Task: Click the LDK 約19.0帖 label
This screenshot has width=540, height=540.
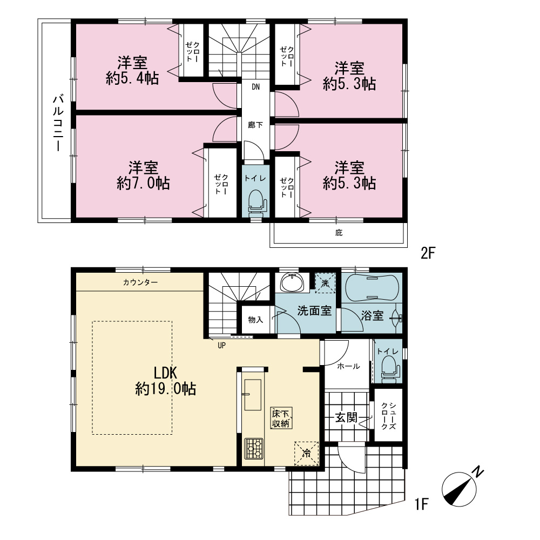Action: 166,381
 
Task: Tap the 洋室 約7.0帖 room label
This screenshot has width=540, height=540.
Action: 143,175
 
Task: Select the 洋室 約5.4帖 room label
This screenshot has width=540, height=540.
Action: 132,71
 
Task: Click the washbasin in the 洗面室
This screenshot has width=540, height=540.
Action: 292,282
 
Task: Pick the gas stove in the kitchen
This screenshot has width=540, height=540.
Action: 253,448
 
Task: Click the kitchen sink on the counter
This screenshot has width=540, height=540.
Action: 252,395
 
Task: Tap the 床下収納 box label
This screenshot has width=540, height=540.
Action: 281,418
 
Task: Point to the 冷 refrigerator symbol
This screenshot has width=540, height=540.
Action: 306,453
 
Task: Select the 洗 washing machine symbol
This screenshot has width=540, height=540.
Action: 325,283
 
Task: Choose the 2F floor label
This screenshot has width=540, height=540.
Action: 428,253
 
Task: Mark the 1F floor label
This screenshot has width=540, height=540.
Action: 421,504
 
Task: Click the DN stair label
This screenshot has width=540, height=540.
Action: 255,87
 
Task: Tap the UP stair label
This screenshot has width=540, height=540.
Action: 221,345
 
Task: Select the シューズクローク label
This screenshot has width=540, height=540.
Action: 388,416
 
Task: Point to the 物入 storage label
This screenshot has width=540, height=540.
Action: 255,320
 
